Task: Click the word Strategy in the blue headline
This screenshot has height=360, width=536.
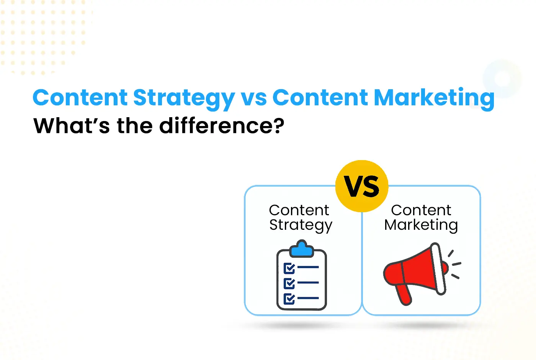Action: [x=184, y=99]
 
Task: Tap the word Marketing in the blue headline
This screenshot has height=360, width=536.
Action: [x=434, y=99]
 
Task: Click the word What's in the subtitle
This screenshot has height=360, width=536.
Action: [x=72, y=126]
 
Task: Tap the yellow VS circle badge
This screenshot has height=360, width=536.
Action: [x=362, y=186]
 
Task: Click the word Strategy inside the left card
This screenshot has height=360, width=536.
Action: [x=301, y=226]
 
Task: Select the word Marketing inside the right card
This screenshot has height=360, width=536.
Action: [x=421, y=226]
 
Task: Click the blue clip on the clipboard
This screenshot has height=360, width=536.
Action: [x=302, y=249]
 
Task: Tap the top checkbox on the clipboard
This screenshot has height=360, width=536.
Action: [x=289, y=268]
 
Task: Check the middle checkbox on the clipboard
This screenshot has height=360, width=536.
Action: [x=289, y=283]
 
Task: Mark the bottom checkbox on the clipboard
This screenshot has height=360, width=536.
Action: [x=289, y=299]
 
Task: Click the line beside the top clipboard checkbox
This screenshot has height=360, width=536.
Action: [x=308, y=267]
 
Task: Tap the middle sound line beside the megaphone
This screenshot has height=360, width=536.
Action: [x=456, y=264]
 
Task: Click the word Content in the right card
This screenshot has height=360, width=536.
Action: [x=421, y=210]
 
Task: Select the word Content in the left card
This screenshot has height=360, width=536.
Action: [x=299, y=210]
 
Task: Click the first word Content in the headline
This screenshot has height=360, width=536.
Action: [x=80, y=98]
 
